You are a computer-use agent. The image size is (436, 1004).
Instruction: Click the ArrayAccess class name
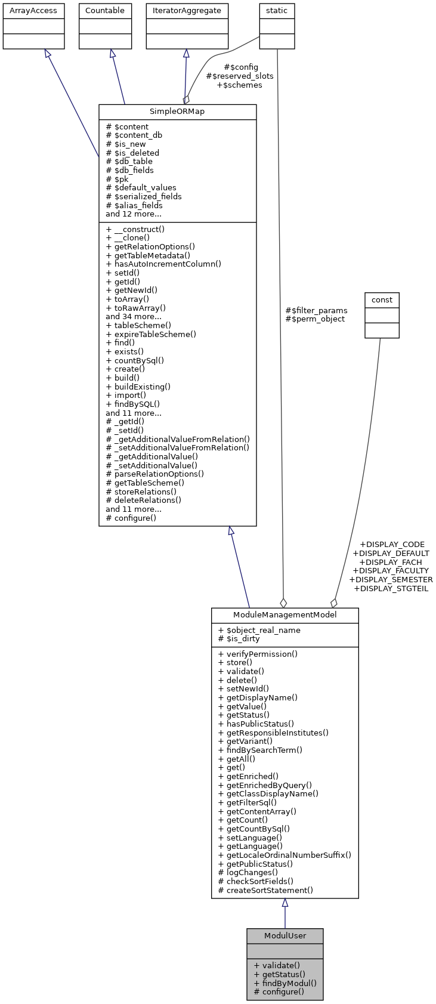(33, 11)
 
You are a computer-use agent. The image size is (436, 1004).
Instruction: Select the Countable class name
(105, 11)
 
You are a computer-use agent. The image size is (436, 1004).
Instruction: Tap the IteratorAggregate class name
(187, 11)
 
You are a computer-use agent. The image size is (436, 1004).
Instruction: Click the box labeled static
(277, 11)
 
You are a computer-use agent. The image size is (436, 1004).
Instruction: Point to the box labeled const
(382, 300)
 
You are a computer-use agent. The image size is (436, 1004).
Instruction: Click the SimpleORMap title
(177, 112)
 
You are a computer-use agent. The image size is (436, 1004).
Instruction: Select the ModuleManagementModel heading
(285, 615)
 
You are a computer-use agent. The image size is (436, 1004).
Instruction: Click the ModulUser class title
(285, 936)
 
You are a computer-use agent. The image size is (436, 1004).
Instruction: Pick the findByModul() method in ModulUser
(285, 983)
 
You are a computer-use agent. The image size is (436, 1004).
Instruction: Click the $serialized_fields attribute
(144, 196)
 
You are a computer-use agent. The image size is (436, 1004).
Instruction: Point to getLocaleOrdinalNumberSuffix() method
(285, 855)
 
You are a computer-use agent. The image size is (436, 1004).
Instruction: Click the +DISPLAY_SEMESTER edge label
(391, 579)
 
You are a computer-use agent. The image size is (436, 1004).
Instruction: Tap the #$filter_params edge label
(316, 310)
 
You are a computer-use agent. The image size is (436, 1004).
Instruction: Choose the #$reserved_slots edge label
(240, 76)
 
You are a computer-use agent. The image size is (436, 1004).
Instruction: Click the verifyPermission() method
(258, 654)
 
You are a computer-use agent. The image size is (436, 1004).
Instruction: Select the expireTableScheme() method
(150, 334)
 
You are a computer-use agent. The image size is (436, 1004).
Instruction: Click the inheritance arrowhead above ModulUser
(285, 903)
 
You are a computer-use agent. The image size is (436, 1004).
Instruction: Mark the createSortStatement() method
(265, 890)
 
